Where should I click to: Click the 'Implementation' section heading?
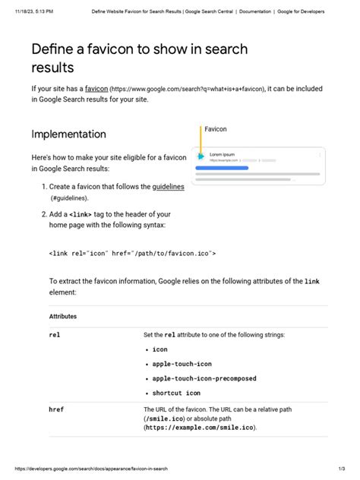tap(68, 134)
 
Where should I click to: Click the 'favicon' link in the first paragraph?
tap(96, 88)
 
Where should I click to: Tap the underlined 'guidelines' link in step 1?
tap(168, 186)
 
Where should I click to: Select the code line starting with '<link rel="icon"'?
tap(132, 253)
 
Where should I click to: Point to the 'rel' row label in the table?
tap(55, 334)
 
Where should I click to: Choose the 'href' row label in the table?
tap(56, 409)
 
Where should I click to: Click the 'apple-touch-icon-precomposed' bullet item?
tap(204, 378)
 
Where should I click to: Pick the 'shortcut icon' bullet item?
tap(176, 393)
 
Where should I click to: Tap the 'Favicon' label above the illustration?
tap(216, 129)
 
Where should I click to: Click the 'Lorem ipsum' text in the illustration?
tap(222, 154)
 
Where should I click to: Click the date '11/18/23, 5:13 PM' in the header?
tap(33, 11)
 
